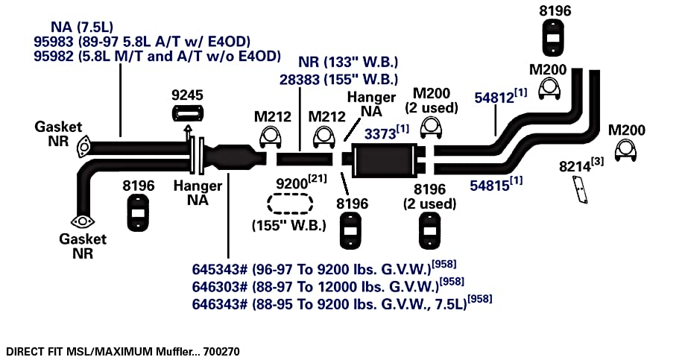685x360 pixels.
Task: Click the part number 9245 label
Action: pos(187,95)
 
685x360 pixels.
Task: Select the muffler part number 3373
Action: pos(380,133)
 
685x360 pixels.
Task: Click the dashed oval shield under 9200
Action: pos(290,203)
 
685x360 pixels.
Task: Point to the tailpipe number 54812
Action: pos(494,98)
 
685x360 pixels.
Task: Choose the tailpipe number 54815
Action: pos(490,186)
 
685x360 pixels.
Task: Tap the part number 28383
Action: pos(298,80)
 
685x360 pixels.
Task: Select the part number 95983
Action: pos(53,42)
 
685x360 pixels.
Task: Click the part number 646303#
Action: pos(220,287)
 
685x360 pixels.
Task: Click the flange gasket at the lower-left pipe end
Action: pos(83,221)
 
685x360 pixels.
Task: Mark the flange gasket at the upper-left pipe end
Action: pos(83,147)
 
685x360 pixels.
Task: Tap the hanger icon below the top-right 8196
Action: pos(553,38)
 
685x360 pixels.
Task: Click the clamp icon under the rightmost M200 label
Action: pos(625,151)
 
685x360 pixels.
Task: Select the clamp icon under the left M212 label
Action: pos(271,138)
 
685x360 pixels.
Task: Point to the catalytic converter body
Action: pos(230,158)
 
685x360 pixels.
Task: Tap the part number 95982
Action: pos(53,57)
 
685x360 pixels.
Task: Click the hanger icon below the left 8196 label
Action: pos(138,212)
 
